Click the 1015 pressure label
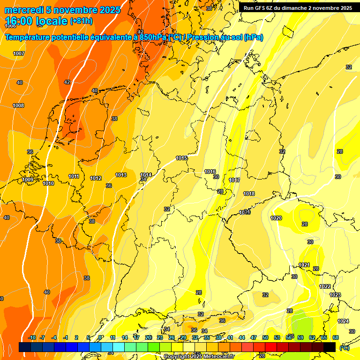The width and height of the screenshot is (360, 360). [x=182, y=158]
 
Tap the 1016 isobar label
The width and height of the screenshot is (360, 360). [x=210, y=172]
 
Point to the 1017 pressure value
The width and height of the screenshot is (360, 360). [x=234, y=180]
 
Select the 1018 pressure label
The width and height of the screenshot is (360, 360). [x=249, y=194]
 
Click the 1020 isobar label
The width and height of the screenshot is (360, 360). [x=276, y=218]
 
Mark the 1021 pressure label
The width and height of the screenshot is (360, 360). [x=304, y=265]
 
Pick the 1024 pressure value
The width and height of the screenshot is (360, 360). [x=343, y=321]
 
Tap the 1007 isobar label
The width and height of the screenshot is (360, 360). [x=19, y=53]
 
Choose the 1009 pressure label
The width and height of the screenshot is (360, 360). [x=28, y=180]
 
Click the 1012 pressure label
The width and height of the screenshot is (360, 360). [x=96, y=178]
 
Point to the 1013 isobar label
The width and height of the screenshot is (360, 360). [x=121, y=175]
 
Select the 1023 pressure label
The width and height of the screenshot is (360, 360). [x=335, y=295]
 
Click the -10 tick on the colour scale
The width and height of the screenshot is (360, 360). [x=32, y=337]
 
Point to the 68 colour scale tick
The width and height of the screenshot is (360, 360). [x=336, y=337]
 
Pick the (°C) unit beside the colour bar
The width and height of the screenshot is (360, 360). [x=345, y=347]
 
